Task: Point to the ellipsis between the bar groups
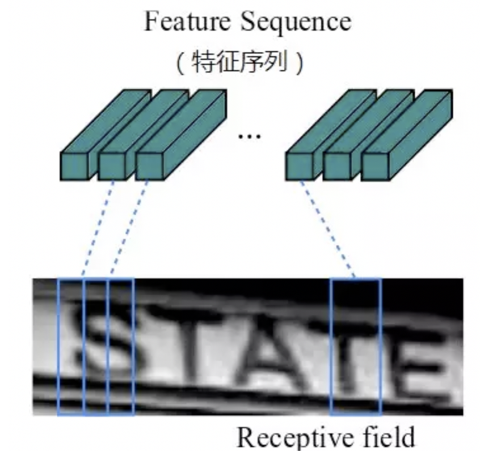[x=250, y=136]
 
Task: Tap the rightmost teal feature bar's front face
[x=374, y=166]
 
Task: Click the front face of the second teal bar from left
[x=112, y=166]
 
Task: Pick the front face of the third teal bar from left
[x=149, y=166]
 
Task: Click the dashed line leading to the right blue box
[x=326, y=227]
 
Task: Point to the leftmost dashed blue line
[x=98, y=227]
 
